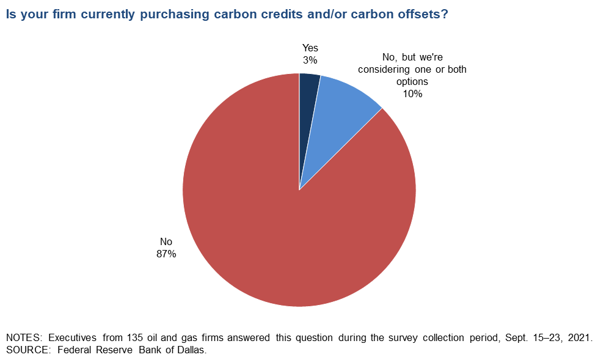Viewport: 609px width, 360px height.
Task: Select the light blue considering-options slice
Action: (x=339, y=113)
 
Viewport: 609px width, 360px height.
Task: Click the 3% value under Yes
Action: (x=310, y=60)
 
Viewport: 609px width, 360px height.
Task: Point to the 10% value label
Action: (x=412, y=94)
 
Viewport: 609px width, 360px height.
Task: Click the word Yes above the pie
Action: (x=310, y=48)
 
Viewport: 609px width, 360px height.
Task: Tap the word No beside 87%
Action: (x=166, y=242)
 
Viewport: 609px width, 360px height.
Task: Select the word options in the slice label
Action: (x=412, y=81)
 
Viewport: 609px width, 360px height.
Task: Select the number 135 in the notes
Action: (x=119, y=338)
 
